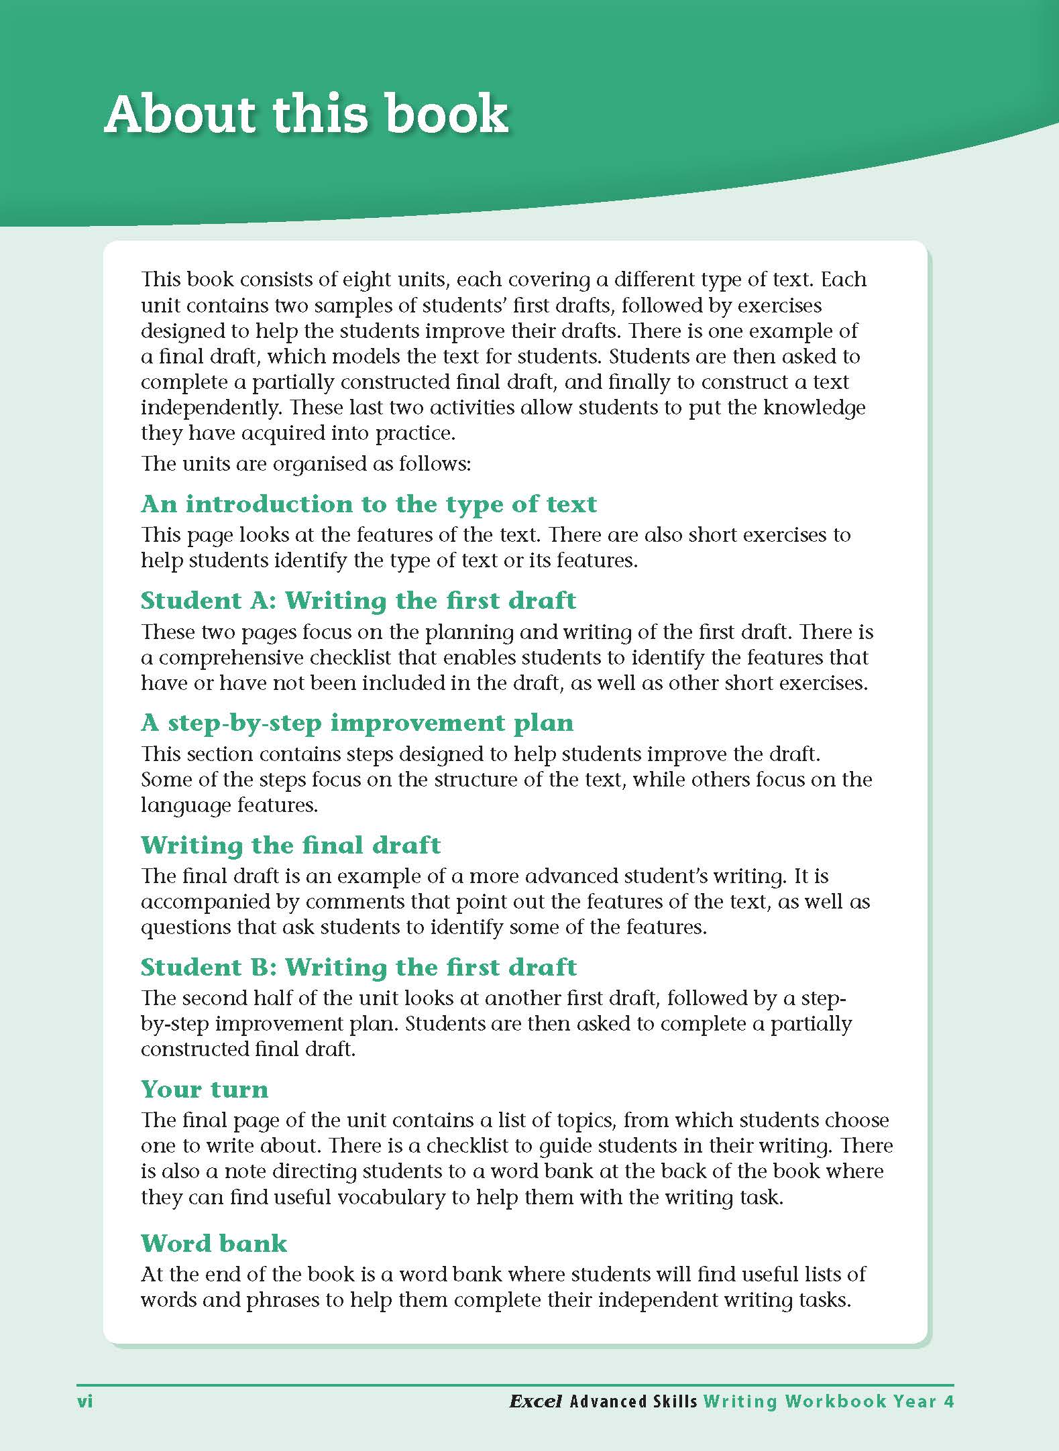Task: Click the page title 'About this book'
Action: pyautogui.click(x=306, y=115)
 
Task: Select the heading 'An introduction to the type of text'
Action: pyautogui.click(x=368, y=504)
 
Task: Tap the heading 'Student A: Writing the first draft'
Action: pyautogui.click(x=358, y=601)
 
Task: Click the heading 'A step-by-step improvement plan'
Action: pyautogui.click(x=357, y=723)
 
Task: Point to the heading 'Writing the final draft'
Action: pyautogui.click(x=290, y=846)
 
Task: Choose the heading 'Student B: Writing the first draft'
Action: pyautogui.click(x=358, y=968)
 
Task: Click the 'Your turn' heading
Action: pyautogui.click(x=204, y=1090)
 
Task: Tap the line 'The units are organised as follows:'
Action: pyautogui.click(x=305, y=464)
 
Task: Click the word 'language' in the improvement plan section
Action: pyautogui.click(x=182, y=805)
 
